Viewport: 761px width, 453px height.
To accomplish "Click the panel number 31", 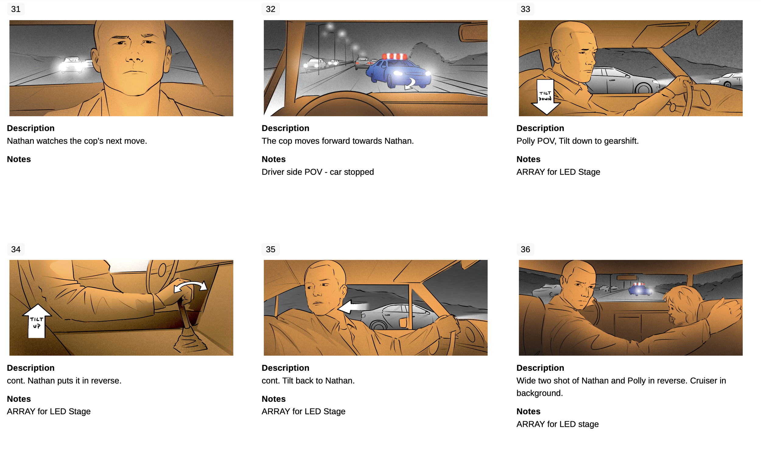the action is click(16, 9).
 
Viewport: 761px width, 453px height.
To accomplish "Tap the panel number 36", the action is click(525, 249).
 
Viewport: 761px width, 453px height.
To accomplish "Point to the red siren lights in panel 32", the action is click(394, 56).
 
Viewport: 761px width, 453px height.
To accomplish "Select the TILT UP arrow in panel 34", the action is click(37, 321).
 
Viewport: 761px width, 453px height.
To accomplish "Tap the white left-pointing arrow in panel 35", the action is click(352, 307).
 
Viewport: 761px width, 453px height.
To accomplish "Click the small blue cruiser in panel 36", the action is click(640, 289).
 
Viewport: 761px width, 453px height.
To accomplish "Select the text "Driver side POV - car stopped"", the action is click(317, 172).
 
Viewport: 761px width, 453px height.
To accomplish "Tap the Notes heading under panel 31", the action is click(19, 159).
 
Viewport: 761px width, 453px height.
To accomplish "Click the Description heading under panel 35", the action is click(285, 368).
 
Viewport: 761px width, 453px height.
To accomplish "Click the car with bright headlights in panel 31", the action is click(72, 65).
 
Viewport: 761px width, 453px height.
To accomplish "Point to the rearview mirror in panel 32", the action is click(473, 32).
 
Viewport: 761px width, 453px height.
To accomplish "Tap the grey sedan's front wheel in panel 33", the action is click(643, 88).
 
